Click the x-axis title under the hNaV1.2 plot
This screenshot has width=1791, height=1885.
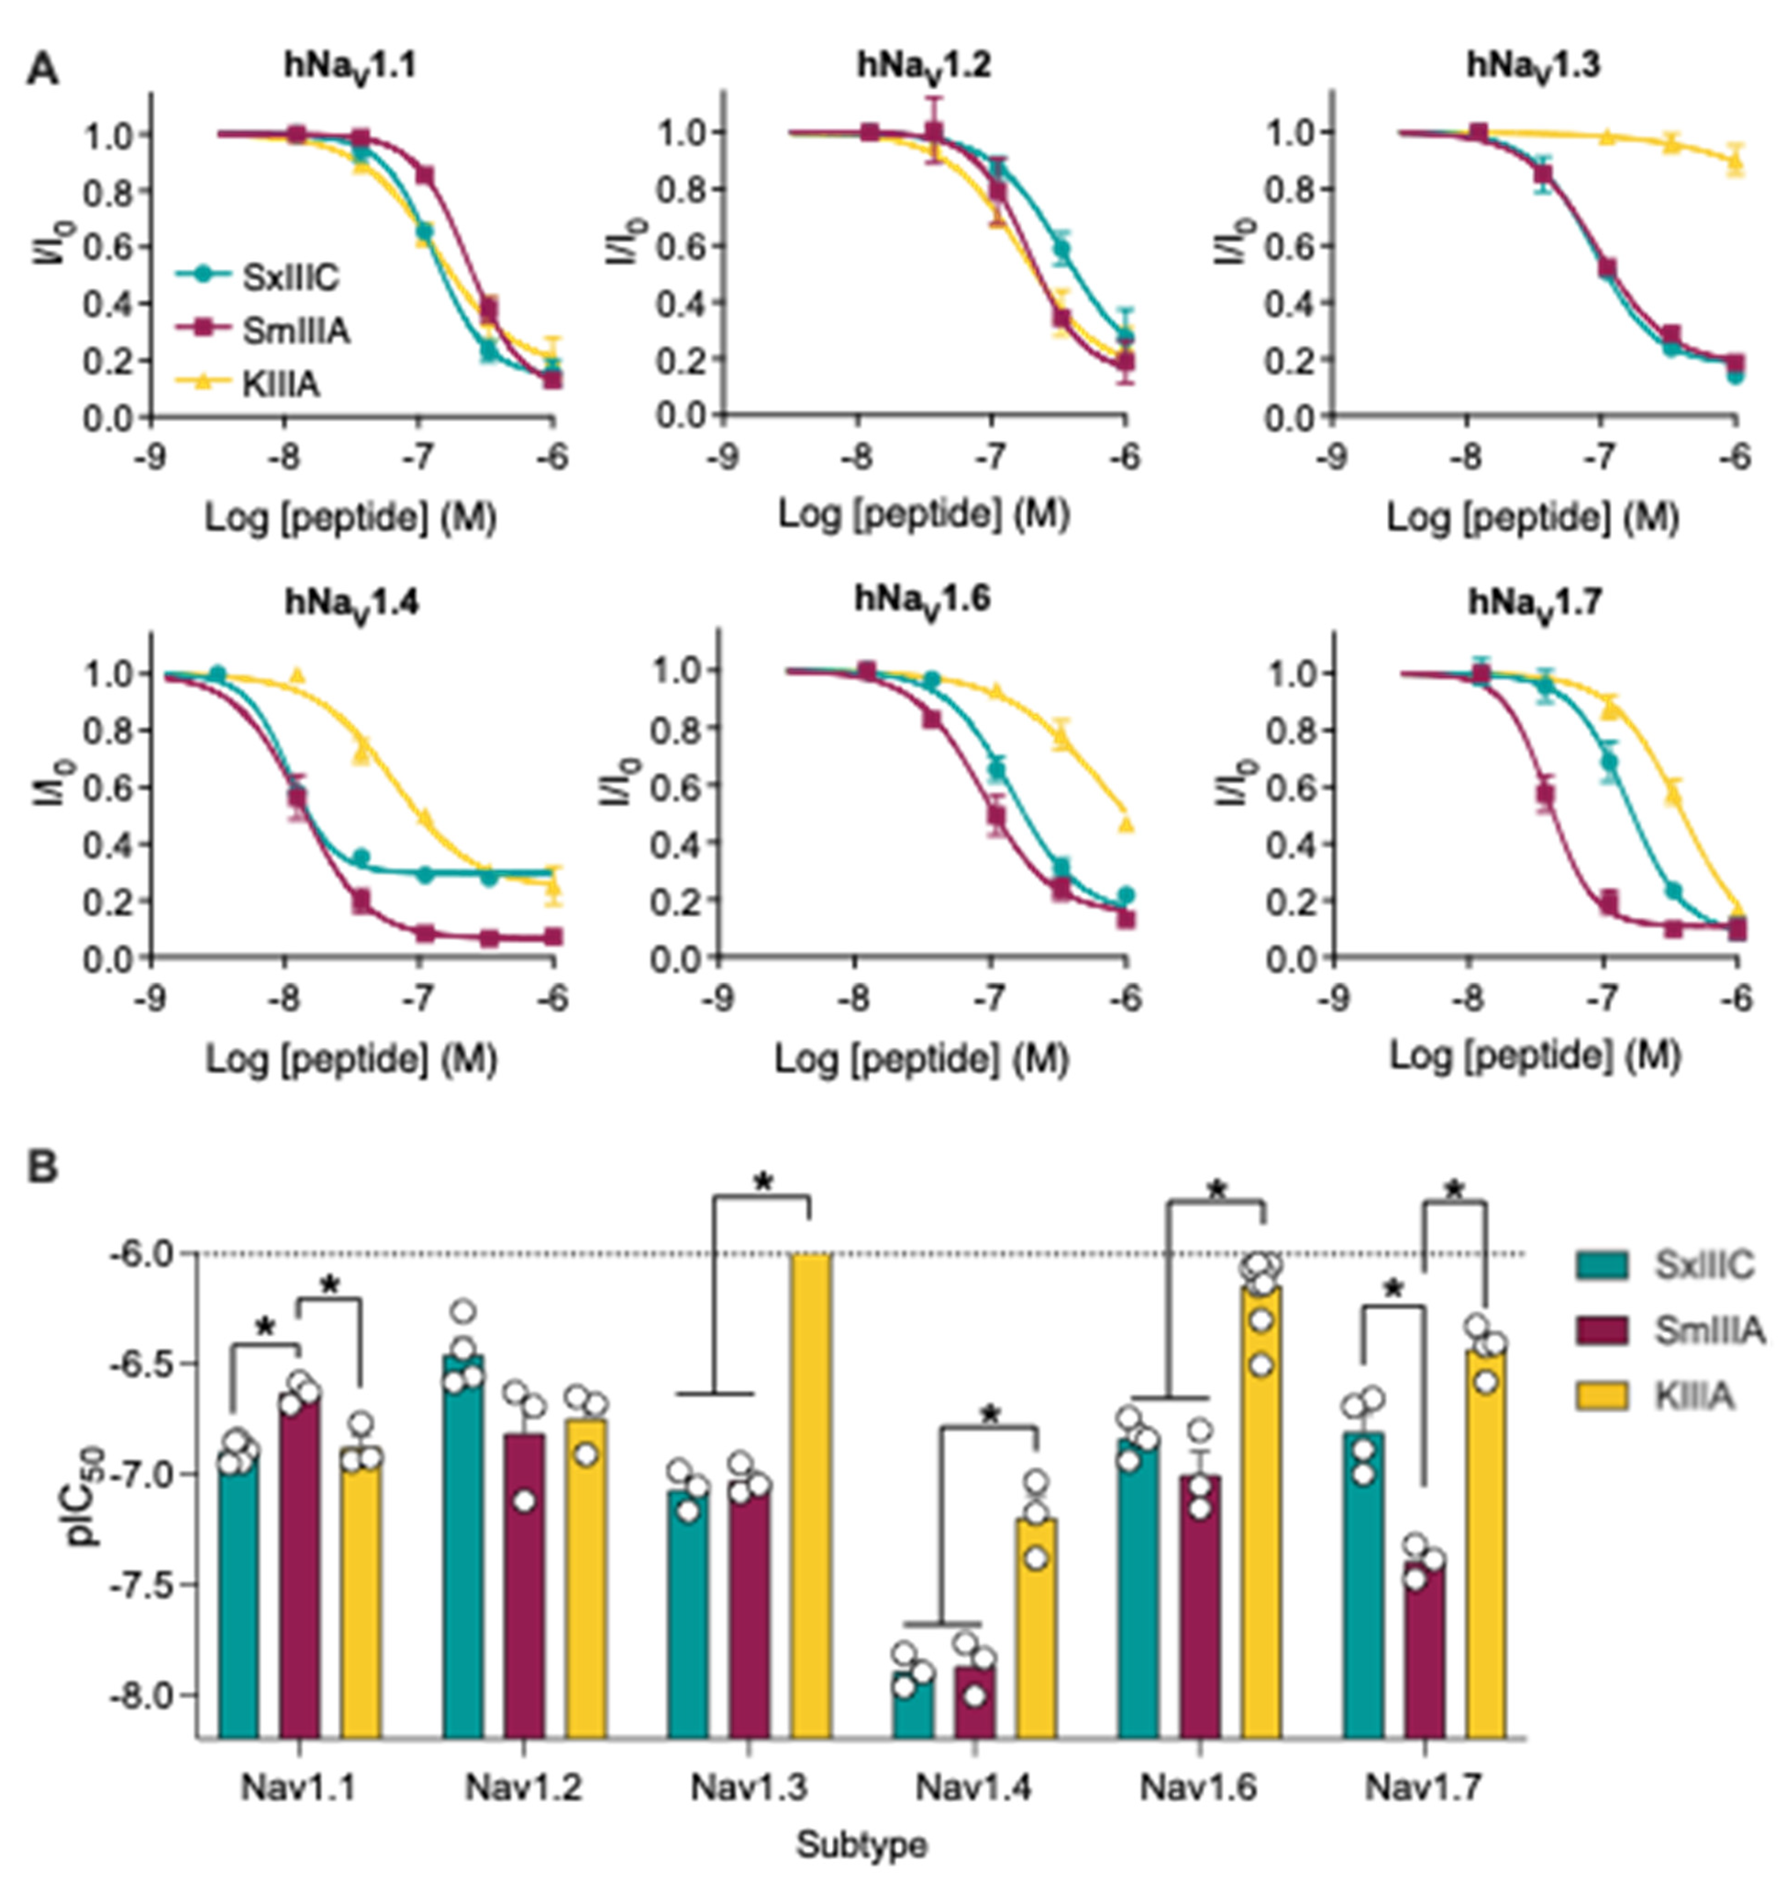click(x=923, y=516)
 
